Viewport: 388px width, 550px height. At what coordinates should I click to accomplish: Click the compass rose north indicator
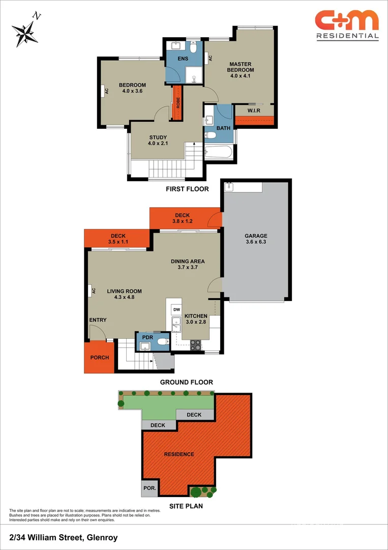click(25, 31)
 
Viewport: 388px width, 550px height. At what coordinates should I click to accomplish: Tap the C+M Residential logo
click(347, 24)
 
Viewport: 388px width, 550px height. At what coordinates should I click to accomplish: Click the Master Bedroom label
click(241, 70)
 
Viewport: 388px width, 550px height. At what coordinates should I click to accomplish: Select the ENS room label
click(183, 59)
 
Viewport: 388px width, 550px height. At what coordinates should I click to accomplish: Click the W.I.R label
click(254, 111)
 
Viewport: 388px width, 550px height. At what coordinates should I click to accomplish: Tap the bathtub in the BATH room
click(219, 152)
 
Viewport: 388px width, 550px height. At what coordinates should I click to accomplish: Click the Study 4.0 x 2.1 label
click(158, 141)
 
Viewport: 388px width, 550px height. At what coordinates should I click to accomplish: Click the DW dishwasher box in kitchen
click(176, 310)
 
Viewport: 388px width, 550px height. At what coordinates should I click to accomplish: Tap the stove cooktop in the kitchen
click(195, 345)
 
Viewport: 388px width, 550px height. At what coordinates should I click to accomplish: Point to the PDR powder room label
click(148, 337)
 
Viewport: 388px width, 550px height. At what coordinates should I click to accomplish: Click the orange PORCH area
click(100, 358)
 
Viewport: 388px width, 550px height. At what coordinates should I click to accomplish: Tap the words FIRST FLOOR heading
click(187, 189)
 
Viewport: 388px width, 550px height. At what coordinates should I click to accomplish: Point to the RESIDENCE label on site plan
click(178, 454)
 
